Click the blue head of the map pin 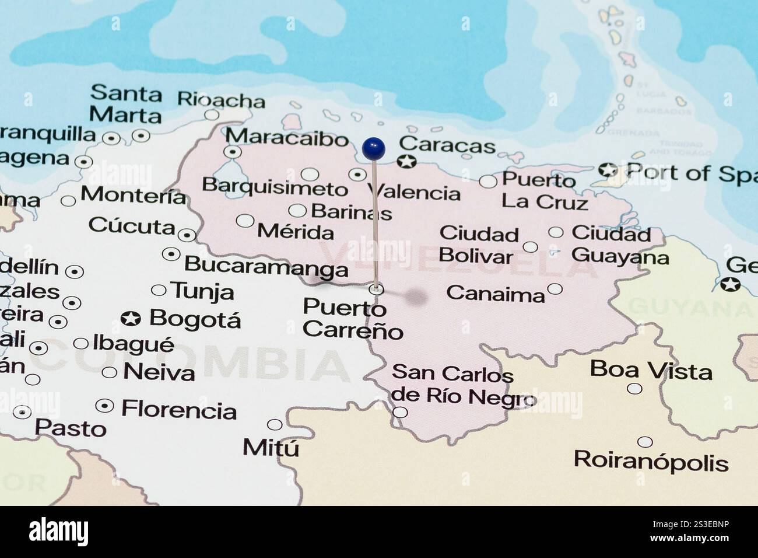click(x=373, y=148)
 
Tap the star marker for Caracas click(x=406, y=162)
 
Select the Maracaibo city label click(x=287, y=139)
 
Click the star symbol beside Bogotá click(x=131, y=319)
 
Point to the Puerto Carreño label click(x=352, y=319)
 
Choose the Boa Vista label click(x=651, y=370)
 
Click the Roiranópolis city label click(x=651, y=461)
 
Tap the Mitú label click(x=271, y=448)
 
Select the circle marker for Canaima click(x=555, y=289)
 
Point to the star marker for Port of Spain click(x=608, y=170)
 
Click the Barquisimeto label click(x=275, y=187)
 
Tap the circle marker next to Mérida click(x=245, y=221)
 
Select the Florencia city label click(x=179, y=410)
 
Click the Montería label click(x=133, y=195)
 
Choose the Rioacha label click(x=221, y=99)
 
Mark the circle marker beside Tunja click(x=159, y=290)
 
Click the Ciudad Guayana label click(x=619, y=245)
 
